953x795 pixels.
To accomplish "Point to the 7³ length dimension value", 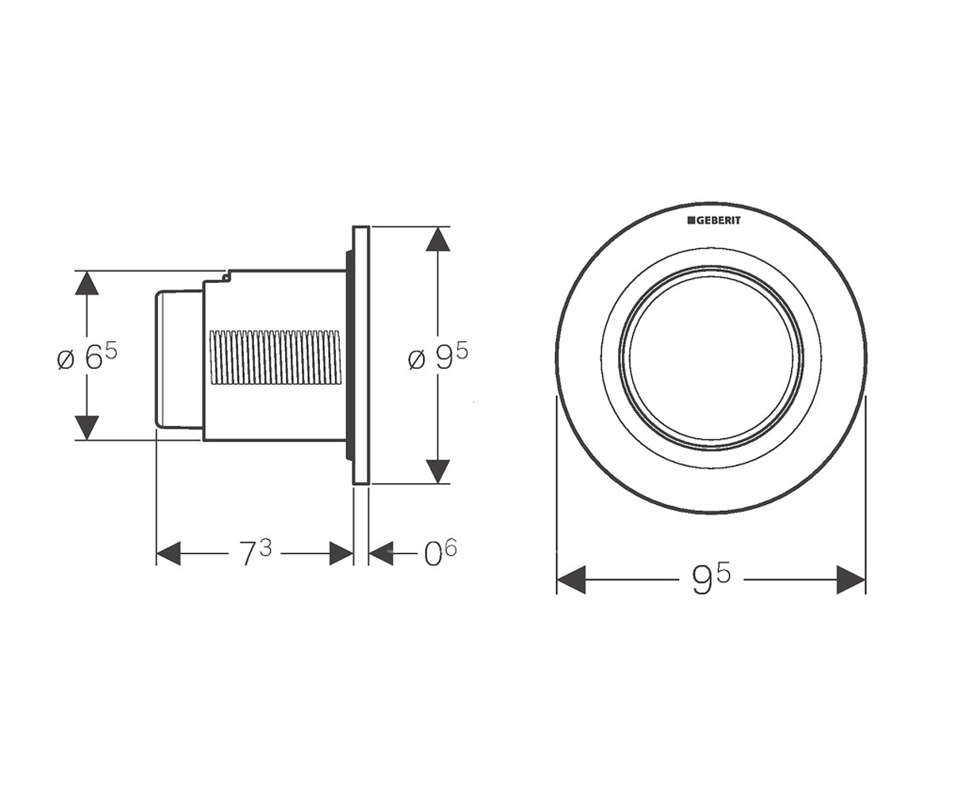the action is tap(255, 553).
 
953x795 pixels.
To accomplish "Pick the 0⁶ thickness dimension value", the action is tap(440, 553).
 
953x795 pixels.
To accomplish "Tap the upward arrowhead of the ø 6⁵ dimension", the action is tap(87, 283).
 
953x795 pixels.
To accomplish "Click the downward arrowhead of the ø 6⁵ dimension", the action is tap(87, 429).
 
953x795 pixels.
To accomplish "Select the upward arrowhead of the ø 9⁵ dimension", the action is tap(438, 239).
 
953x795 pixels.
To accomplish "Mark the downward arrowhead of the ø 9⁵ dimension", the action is tap(438, 471).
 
